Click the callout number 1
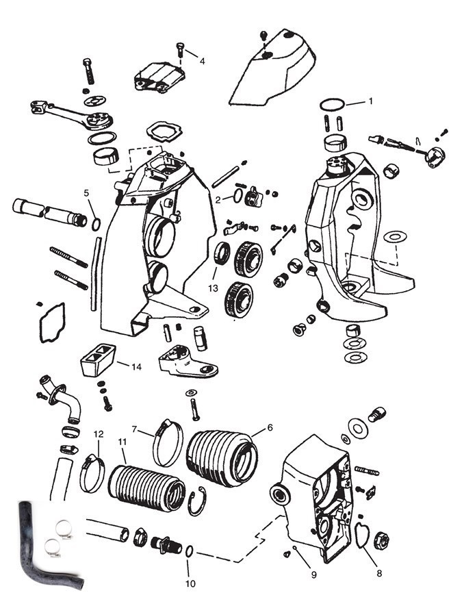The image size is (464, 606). [370, 101]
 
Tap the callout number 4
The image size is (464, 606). [202, 61]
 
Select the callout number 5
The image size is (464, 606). [87, 194]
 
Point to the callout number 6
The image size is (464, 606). [270, 427]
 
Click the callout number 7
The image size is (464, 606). [135, 429]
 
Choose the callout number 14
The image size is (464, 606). [137, 367]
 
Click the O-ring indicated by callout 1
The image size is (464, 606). [331, 104]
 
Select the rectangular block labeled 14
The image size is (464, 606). [99, 362]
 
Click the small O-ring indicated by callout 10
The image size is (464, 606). [189, 551]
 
